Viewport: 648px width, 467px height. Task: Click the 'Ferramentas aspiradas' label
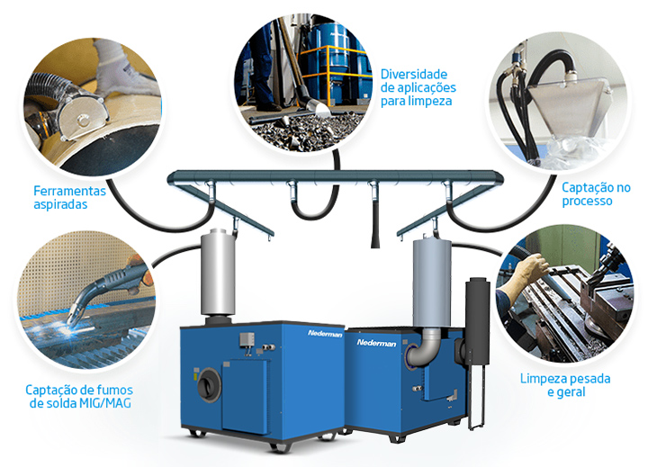pyautogui.click(x=69, y=198)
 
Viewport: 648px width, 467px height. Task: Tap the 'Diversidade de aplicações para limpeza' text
pyautogui.click(x=418, y=87)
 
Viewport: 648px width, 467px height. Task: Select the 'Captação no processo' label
pyautogui.click(x=596, y=194)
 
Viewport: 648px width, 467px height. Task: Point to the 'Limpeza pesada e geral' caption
pyautogui.click(x=565, y=385)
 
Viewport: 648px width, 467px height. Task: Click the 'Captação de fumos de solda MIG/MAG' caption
pyautogui.click(x=79, y=396)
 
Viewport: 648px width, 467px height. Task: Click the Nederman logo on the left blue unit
pyautogui.click(x=325, y=333)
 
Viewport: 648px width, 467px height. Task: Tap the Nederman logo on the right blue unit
pyautogui.click(x=376, y=343)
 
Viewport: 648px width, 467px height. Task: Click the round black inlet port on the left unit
pyautogui.click(x=209, y=384)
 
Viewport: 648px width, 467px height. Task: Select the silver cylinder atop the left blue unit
pyautogui.click(x=218, y=273)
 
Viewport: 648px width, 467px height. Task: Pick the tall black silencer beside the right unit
pyautogui.click(x=477, y=320)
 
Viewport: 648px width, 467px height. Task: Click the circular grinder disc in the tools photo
pyautogui.click(x=82, y=117)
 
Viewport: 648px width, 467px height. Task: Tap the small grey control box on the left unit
pyautogui.click(x=247, y=339)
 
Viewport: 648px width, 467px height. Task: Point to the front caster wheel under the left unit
pyautogui.click(x=275, y=446)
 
